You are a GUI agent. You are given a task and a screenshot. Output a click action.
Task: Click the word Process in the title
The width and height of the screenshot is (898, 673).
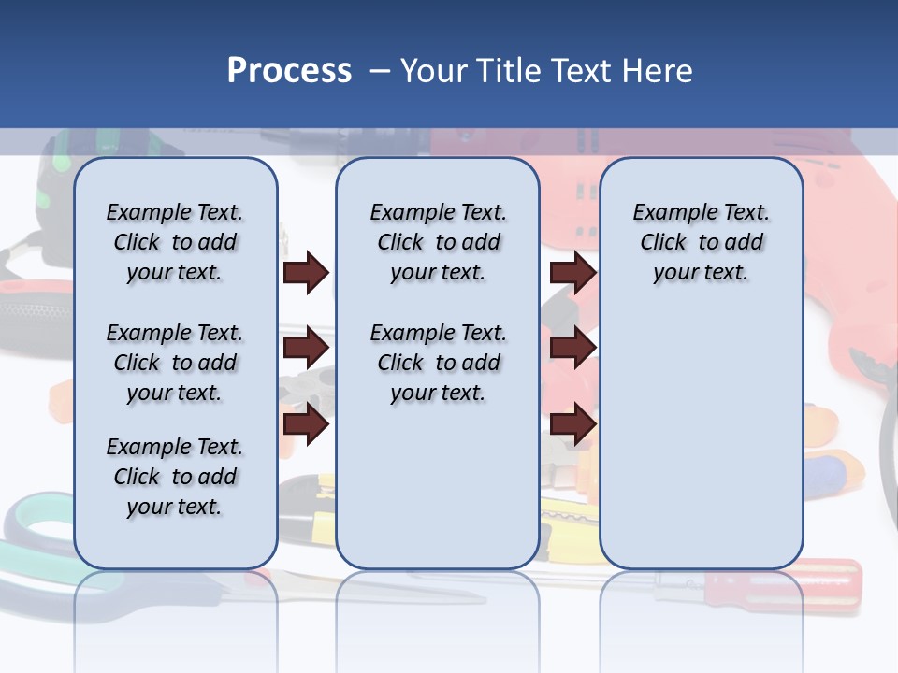(289, 71)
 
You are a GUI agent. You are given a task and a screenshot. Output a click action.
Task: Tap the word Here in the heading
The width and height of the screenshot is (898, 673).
(658, 71)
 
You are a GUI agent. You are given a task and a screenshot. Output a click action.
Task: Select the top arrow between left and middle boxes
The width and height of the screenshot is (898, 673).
(306, 273)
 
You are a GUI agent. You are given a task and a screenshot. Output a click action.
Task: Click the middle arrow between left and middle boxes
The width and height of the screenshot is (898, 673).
(306, 349)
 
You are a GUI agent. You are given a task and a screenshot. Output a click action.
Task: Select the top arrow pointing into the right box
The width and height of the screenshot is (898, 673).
(572, 273)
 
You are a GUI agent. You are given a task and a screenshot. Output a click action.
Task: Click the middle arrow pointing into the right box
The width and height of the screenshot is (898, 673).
(572, 349)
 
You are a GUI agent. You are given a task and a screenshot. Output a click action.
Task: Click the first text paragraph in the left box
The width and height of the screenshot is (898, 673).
(175, 242)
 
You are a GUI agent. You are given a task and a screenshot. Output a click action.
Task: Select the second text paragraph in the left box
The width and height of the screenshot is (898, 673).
(175, 363)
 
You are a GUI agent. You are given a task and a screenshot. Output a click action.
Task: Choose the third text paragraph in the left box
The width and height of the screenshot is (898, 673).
(175, 477)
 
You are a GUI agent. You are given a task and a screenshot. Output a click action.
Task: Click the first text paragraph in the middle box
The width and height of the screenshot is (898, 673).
(438, 242)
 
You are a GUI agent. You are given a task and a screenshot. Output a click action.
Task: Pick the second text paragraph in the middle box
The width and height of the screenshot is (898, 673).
(438, 363)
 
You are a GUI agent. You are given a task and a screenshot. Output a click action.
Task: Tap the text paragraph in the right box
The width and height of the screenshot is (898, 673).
(701, 242)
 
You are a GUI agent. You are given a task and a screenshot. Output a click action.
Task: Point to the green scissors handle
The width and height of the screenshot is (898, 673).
(37, 523)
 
